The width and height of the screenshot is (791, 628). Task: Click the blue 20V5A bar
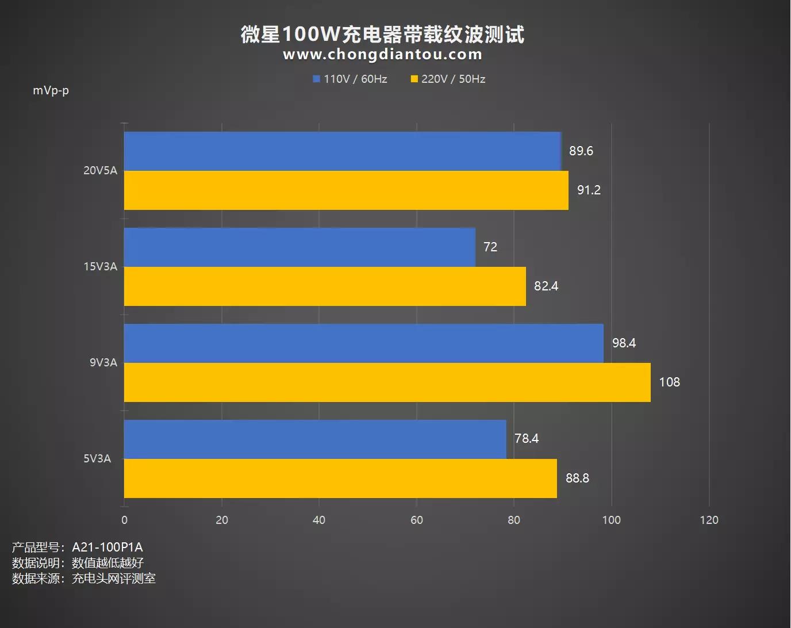tap(342, 151)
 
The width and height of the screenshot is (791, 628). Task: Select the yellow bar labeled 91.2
tap(346, 190)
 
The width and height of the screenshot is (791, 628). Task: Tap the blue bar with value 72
tap(299, 247)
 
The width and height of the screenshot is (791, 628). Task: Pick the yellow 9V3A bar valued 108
tap(387, 382)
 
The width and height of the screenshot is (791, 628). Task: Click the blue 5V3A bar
tap(315, 439)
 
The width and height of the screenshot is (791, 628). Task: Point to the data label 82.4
tap(546, 286)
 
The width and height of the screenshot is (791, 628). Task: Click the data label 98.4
tap(624, 343)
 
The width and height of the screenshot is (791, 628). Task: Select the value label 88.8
tap(577, 478)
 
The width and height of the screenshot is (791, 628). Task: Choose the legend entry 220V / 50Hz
tap(448, 79)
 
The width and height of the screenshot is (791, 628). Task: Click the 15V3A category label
tap(100, 267)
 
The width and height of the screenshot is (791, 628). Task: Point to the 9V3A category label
tap(103, 363)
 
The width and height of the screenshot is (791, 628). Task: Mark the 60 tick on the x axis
tap(416, 520)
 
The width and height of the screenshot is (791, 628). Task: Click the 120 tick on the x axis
tap(709, 520)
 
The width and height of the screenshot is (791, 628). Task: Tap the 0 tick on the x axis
tap(125, 520)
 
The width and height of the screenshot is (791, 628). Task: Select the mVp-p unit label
tap(51, 91)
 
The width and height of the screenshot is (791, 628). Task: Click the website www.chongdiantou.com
tap(382, 55)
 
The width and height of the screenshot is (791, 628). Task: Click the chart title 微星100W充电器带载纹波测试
tap(382, 35)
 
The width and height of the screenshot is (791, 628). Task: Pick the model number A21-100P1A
tap(107, 547)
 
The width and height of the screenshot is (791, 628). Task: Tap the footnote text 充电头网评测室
tap(113, 579)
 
